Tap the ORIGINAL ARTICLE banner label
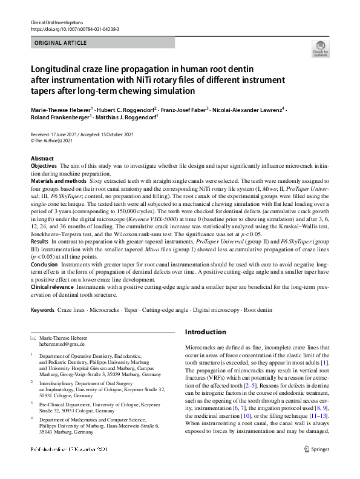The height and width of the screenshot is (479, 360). tap(60, 44)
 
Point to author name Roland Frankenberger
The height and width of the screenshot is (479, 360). tap(59, 118)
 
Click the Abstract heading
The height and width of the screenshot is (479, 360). tap(42, 158)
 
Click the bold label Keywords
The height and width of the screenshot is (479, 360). tap(42, 310)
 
